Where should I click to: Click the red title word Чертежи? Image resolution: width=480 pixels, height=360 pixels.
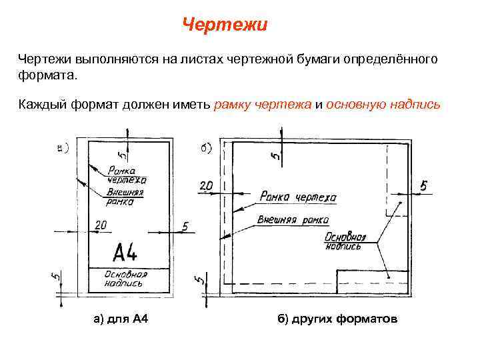pos(225,25)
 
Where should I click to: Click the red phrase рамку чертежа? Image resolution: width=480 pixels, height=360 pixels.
pos(263,105)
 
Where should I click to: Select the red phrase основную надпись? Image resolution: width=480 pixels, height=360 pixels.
pos(383,105)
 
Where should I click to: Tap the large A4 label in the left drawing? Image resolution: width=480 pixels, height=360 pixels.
pos(125,253)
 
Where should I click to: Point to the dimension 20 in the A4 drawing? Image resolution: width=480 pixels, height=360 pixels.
pos(101,226)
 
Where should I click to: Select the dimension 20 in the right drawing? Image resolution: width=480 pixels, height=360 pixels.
pos(205,185)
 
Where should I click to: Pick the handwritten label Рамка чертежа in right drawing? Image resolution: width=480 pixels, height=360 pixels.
pos(298,197)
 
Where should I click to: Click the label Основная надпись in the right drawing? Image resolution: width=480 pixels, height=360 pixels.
pos(345,241)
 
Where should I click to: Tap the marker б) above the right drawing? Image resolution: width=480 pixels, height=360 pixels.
pos(206,147)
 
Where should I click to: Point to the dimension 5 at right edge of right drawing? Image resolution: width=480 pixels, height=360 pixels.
pos(423,185)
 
